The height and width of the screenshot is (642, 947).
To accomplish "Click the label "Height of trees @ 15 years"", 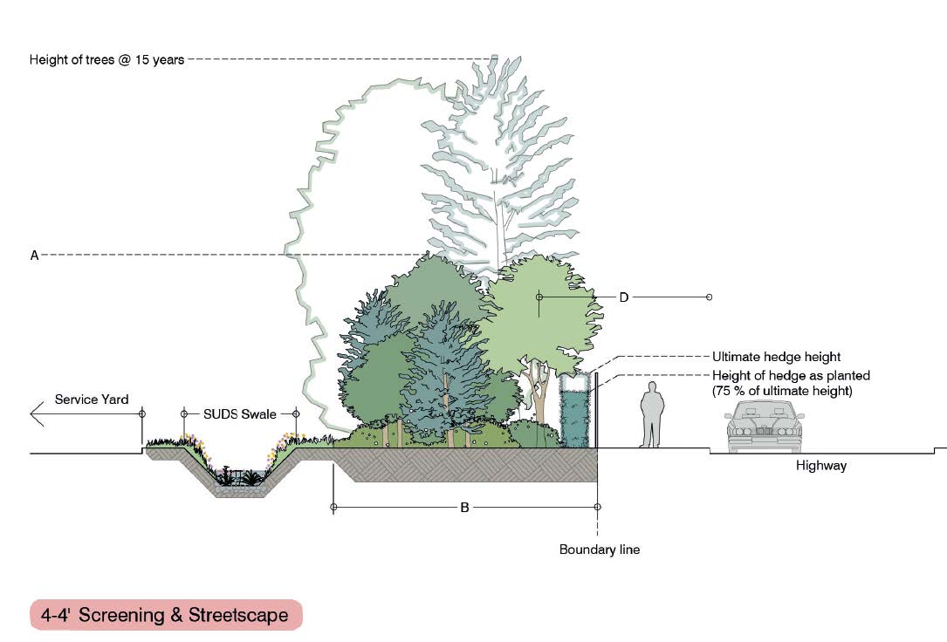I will (106, 60).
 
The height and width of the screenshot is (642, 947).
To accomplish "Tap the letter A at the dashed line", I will (35, 256).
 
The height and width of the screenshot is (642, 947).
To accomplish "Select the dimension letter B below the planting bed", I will (465, 507).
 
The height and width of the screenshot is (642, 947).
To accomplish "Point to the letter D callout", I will (624, 297).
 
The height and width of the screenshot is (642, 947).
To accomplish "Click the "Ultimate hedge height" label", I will (776, 357).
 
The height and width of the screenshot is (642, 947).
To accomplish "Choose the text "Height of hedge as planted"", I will (791, 375).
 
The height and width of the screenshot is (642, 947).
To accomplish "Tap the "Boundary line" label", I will (600, 550).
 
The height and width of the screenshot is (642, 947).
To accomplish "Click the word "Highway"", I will (820, 466).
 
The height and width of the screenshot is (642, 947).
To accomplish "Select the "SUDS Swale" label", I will (240, 413).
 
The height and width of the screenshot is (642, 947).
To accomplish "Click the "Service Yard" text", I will (92, 400).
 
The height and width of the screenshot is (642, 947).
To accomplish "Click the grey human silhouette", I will (651, 414).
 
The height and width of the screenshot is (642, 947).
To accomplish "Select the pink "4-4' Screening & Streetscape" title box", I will (166, 615).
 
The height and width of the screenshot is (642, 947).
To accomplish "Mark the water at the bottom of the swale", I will (237, 479).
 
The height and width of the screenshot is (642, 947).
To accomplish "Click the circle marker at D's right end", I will (709, 297).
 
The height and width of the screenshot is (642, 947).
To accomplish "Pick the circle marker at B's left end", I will (333, 507).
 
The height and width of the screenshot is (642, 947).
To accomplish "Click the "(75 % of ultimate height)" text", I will (781, 390).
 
